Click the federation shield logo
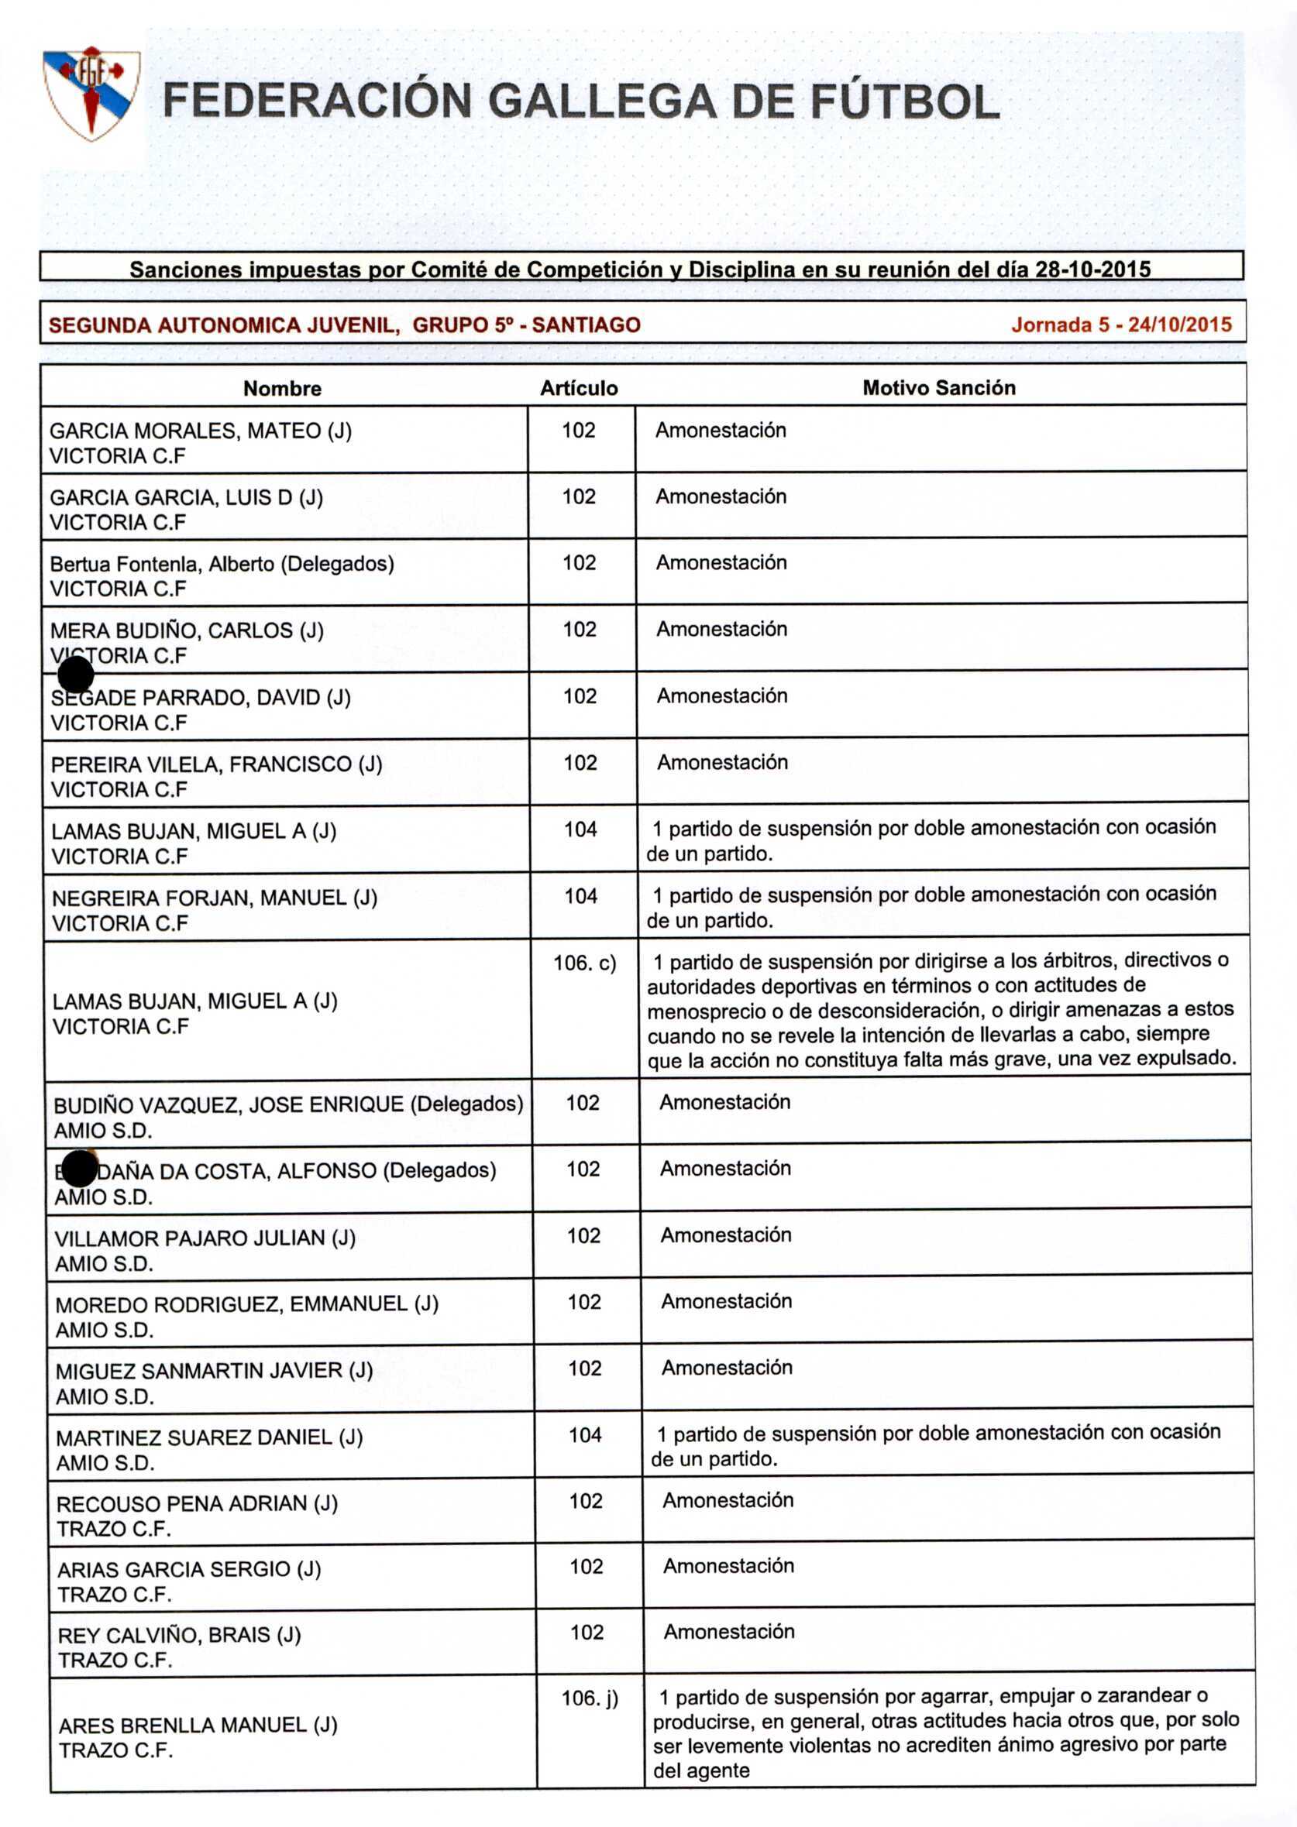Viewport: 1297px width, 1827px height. (91, 94)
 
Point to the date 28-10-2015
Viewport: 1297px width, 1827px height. (1092, 270)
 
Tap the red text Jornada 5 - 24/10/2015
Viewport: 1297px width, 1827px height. (1120, 325)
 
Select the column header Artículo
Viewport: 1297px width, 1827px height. (578, 389)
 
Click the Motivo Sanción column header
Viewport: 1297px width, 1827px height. (938, 388)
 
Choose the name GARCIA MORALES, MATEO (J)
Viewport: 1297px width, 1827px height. (201, 431)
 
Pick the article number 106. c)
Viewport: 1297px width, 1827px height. (585, 963)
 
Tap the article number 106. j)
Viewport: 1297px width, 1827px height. (590, 1698)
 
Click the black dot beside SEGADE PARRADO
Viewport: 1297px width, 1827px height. (76, 675)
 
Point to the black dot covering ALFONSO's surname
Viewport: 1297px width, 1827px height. (78, 1169)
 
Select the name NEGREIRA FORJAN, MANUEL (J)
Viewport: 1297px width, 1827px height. (214, 898)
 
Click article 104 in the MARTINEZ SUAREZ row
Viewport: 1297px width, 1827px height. (585, 1435)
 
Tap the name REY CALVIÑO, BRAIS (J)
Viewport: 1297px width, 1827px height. (179, 1636)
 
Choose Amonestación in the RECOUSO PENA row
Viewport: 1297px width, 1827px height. (728, 1500)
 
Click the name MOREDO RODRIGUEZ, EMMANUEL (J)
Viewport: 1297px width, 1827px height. (247, 1304)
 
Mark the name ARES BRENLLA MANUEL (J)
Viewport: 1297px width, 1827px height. (198, 1726)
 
